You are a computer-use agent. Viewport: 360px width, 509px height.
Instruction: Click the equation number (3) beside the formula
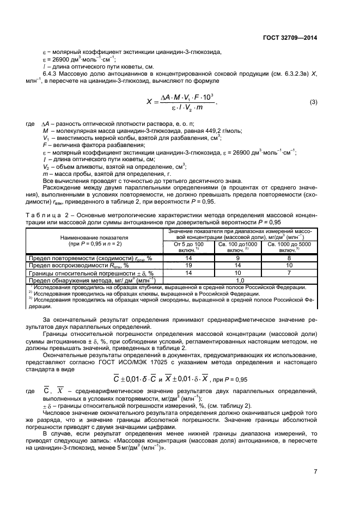coord(313,102)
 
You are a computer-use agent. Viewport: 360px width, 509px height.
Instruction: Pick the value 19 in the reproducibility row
coord(188,265)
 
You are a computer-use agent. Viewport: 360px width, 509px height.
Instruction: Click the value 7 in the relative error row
coord(289,272)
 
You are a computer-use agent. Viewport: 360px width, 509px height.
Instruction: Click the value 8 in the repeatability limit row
coord(289,258)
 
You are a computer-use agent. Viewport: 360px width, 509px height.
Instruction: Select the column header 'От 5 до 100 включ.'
coord(188,247)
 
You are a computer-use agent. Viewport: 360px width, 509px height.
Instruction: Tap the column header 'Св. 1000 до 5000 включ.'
coord(289,247)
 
